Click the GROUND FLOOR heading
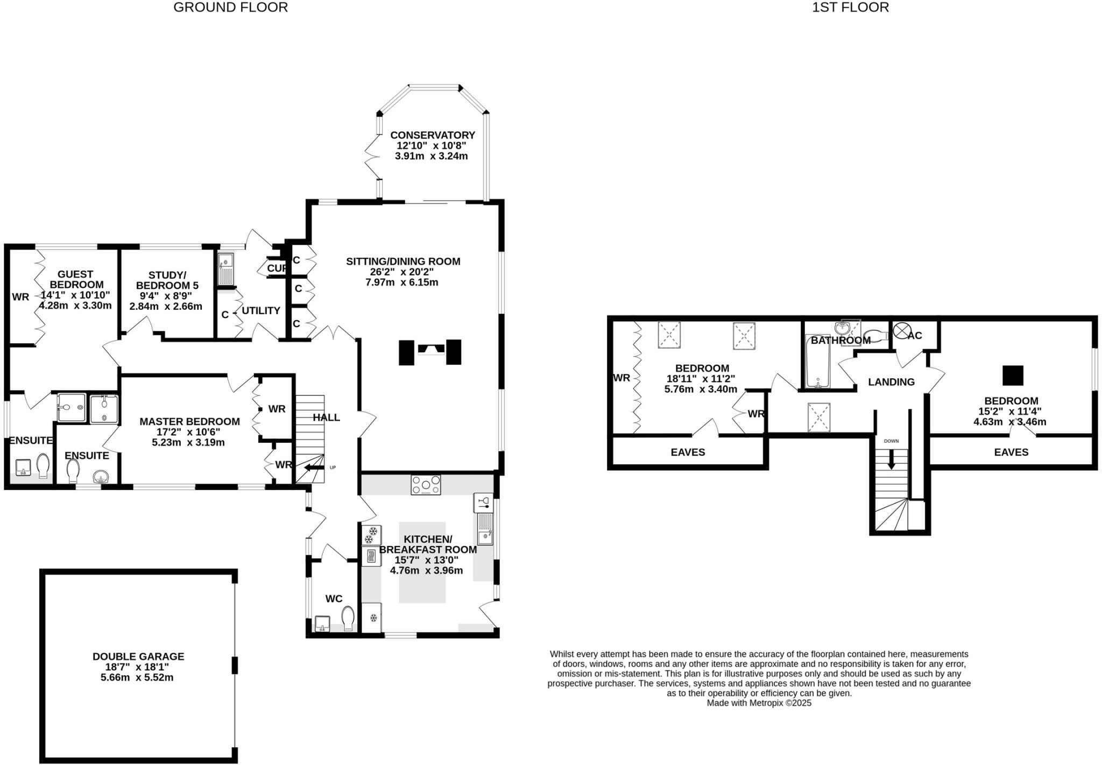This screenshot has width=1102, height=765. [230, 8]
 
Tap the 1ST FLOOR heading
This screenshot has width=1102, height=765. [850, 8]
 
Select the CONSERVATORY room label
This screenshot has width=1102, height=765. [433, 135]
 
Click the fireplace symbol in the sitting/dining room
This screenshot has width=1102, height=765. [430, 351]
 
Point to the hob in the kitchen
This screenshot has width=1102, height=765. [425, 485]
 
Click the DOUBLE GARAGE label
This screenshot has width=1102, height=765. [138, 656]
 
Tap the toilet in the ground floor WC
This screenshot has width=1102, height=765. [349, 619]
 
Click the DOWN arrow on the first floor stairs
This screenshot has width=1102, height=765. [891, 458]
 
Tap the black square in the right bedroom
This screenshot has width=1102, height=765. [1012, 375]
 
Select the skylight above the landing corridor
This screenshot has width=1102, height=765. [818, 417]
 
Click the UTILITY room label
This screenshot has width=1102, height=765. [260, 310]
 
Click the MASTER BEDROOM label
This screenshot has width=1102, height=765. [189, 421]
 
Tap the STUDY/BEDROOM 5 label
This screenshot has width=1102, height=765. [166, 280]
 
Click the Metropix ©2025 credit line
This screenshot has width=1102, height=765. [759, 703]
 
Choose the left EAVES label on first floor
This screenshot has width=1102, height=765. [688, 452]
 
